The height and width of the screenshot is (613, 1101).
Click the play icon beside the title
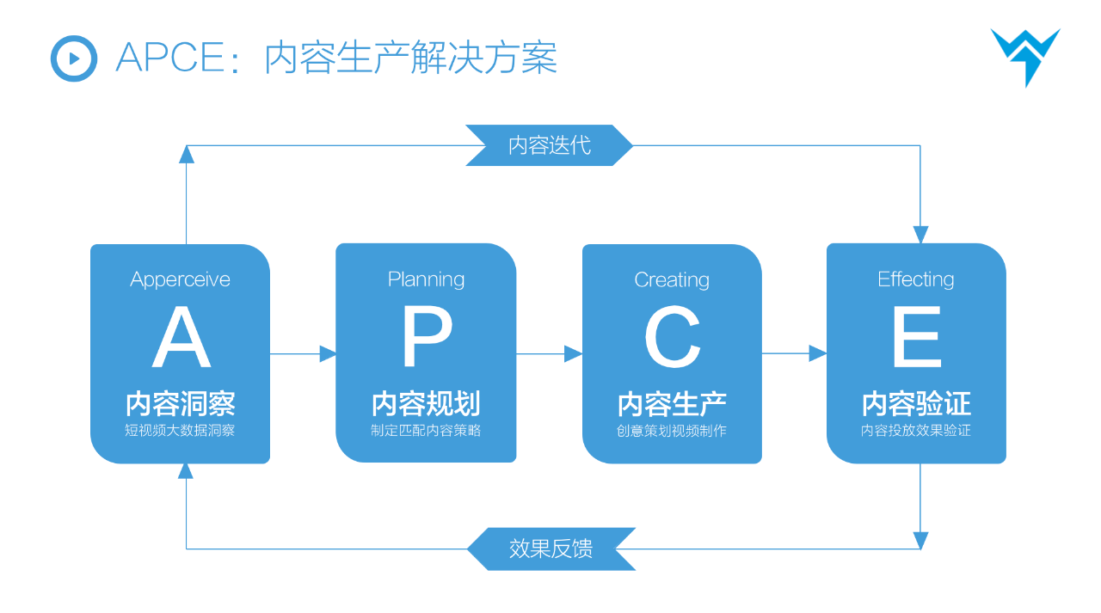[x=74, y=58]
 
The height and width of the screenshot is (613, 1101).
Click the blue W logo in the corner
[x=1025, y=55]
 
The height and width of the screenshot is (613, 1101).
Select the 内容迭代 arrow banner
[x=549, y=145]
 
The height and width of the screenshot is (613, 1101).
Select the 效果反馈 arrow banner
[x=550, y=549]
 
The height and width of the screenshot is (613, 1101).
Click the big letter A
[x=181, y=340]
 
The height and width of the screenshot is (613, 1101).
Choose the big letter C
[x=672, y=339]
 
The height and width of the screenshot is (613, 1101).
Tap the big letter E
[x=916, y=339]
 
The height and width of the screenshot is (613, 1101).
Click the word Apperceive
[x=181, y=279]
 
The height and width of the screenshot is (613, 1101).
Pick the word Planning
[x=426, y=279]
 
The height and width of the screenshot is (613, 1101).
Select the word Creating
[x=672, y=279]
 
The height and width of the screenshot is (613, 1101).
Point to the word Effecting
[x=916, y=279]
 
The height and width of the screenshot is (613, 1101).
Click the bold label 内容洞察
[x=181, y=403]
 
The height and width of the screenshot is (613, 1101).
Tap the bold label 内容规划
[x=426, y=403]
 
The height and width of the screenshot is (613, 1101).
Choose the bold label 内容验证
[x=916, y=403]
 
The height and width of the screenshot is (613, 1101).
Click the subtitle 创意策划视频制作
[x=672, y=431]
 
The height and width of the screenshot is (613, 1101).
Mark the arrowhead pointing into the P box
[x=328, y=353]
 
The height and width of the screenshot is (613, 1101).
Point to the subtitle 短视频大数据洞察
[x=180, y=431]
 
